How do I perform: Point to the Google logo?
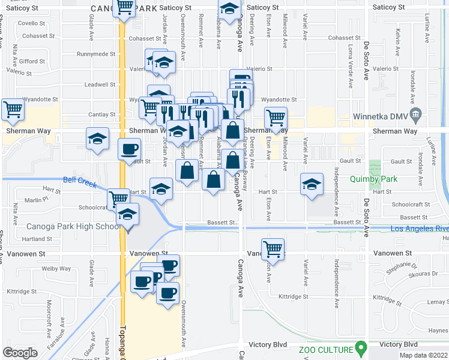20,352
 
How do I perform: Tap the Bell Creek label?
79,183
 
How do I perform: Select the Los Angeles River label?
419,229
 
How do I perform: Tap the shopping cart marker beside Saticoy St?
124,8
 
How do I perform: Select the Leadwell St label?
100,85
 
